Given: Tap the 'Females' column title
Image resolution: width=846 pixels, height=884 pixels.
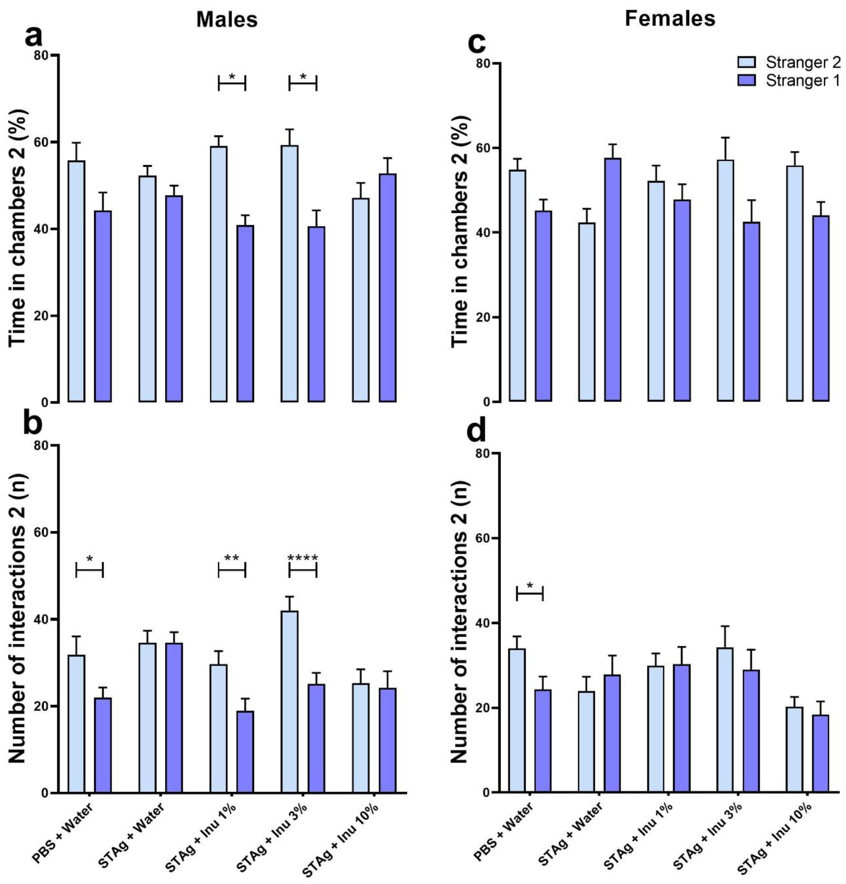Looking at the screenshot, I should coord(670,18).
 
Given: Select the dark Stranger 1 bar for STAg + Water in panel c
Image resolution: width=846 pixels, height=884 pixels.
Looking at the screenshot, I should coord(612,280).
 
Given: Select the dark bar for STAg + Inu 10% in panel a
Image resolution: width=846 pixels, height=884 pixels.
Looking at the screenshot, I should coord(387,288).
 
